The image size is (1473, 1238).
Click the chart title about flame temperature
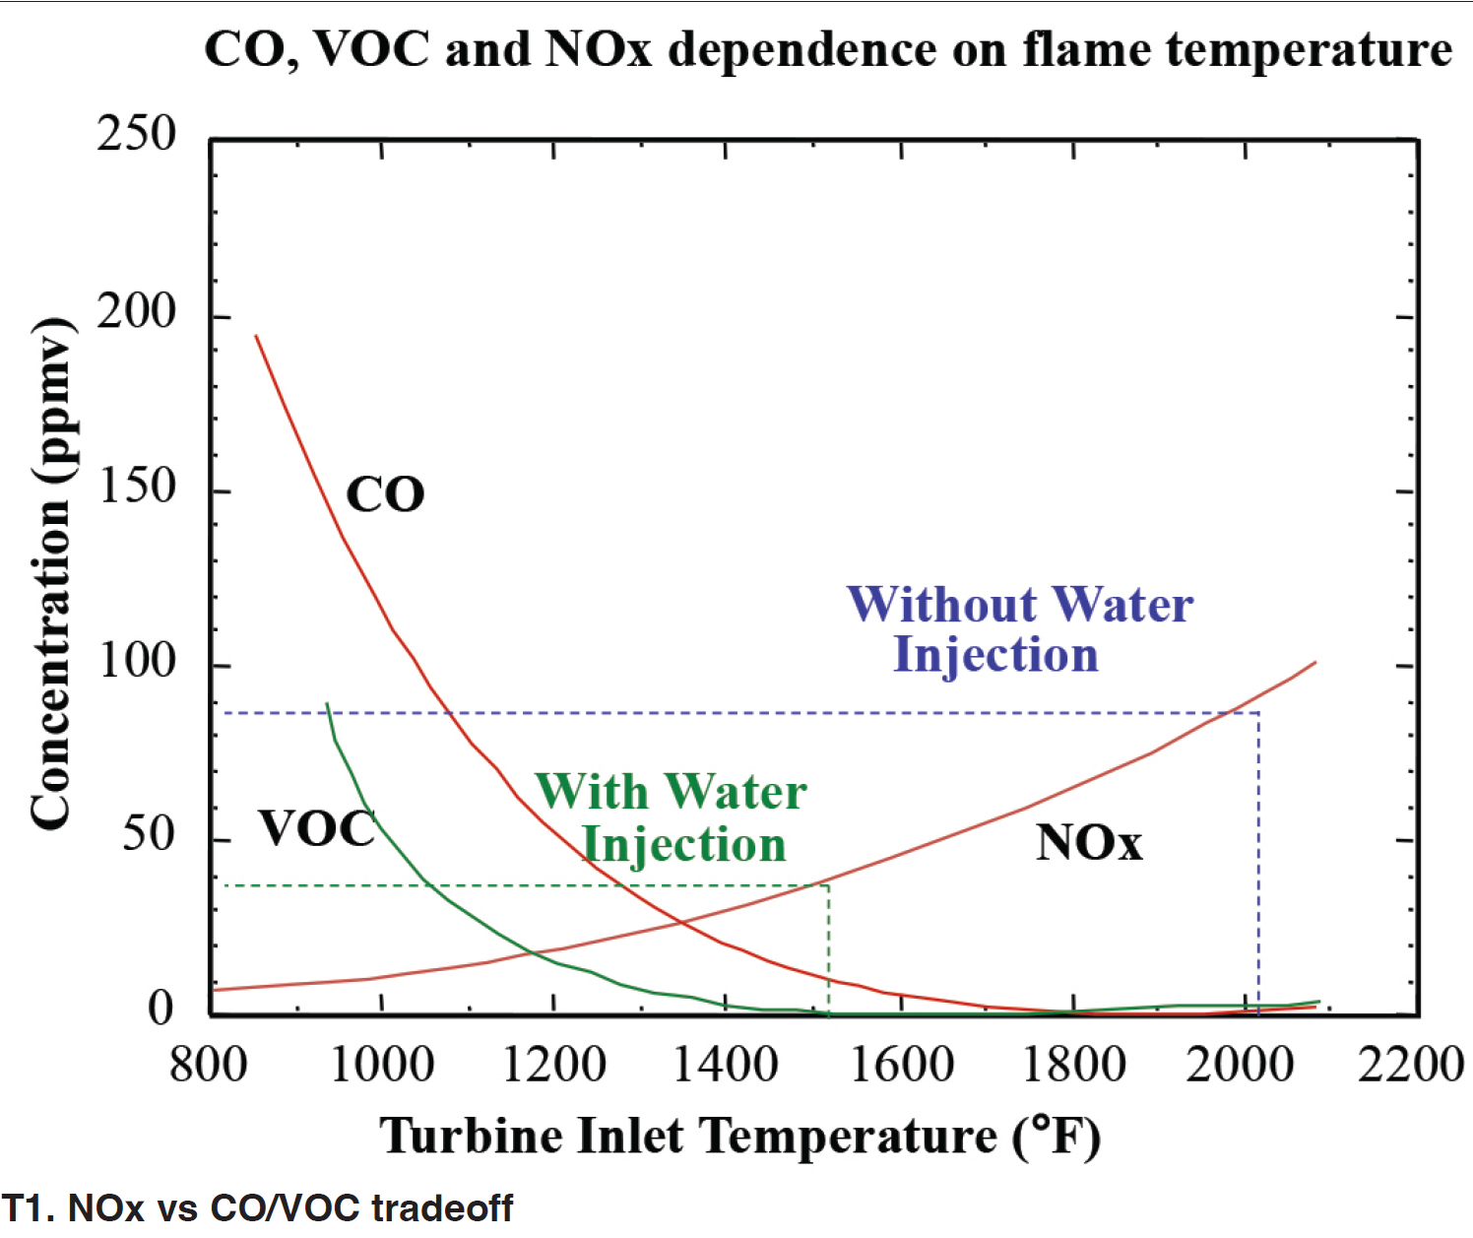coord(827,49)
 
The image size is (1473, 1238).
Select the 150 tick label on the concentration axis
coord(137,486)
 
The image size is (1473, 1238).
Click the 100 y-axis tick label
coord(137,660)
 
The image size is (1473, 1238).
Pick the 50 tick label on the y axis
coord(149,834)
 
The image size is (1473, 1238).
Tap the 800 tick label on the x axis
coord(208,1065)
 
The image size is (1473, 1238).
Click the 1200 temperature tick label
coord(554,1065)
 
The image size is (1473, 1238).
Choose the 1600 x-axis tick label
coord(901,1065)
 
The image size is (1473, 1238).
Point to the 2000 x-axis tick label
coord(1239,1065)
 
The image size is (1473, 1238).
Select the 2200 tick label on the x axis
coord(1410,1065)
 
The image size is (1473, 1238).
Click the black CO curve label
coord(385,494)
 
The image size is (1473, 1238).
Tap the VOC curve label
coord(317,829)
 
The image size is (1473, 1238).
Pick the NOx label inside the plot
coord(1089,843)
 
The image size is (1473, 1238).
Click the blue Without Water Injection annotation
coord(1019,629)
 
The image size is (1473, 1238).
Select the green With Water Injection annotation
coord(672,817)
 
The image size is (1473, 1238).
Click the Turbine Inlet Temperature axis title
coord(739,1136)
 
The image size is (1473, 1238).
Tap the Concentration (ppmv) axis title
coord(51,573)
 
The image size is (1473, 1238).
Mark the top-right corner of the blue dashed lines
coord(1258,712)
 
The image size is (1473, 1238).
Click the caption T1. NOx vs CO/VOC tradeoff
coord(257,1208)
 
